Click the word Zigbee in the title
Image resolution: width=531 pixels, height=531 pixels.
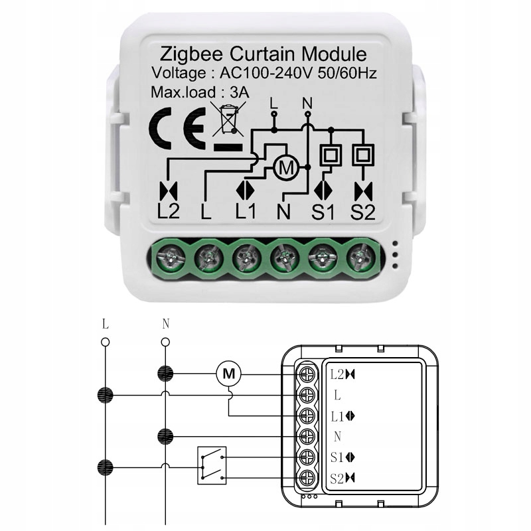click(190, 53)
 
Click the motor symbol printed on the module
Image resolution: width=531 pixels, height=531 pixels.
click(287, 169)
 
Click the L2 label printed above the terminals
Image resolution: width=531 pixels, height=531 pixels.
click(169, 212)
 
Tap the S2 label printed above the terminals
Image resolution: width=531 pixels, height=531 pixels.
click(362, 212)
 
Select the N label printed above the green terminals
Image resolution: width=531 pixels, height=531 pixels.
click(283, 212)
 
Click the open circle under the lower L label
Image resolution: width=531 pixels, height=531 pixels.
click(105, 342)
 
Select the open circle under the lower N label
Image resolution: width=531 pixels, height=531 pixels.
click(165, 342)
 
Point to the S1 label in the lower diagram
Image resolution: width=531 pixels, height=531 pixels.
click(339, 457)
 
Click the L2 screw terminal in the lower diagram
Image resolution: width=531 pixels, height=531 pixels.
click(307, 374)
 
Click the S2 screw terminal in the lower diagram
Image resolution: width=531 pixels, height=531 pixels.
click(307, 477)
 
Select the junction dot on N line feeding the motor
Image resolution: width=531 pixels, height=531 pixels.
click(165, 374)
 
